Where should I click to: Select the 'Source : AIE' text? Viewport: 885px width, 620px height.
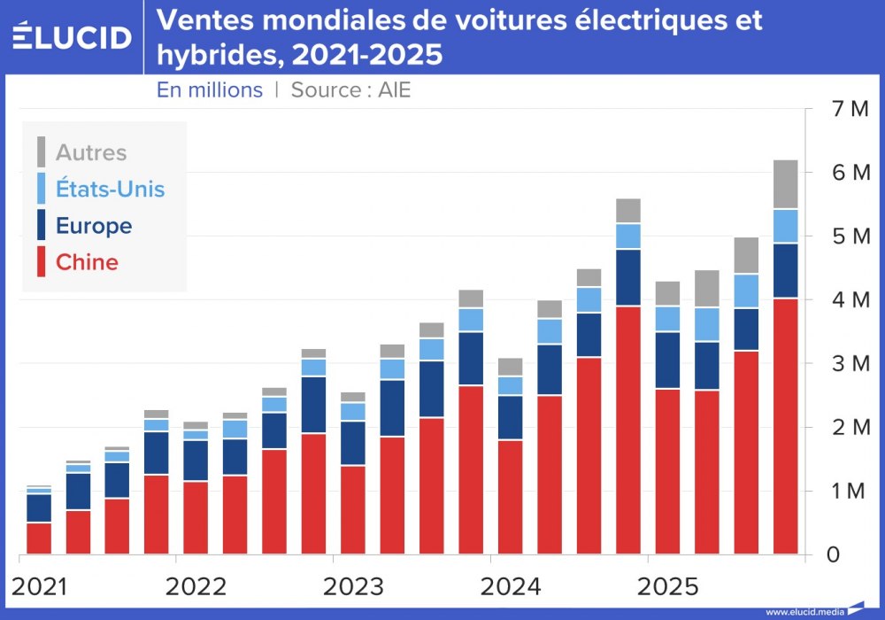coord(350,90)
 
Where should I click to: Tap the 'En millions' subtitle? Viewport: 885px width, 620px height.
coord(210,90)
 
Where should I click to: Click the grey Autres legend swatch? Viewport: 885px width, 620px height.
coord(41,152)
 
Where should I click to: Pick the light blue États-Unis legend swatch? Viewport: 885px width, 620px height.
coord(41,189)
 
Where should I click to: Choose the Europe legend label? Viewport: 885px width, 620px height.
coord(94,226)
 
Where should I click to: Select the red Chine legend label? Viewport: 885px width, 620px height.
coord(87,262)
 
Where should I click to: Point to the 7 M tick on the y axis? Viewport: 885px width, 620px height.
coord(848,109)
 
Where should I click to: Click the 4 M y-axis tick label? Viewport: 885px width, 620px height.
coord(848,300)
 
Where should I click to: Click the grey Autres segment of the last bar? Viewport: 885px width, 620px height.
coord(786,184)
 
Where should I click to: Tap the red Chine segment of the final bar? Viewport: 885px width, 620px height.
coord(786,425)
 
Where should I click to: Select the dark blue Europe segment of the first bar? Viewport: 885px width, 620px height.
coord(38,508)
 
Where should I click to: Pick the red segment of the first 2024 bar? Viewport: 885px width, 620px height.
coord(510,496)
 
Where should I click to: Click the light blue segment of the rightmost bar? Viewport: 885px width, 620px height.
coord(786,227)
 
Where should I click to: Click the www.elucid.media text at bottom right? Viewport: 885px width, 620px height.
coord(804,611)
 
